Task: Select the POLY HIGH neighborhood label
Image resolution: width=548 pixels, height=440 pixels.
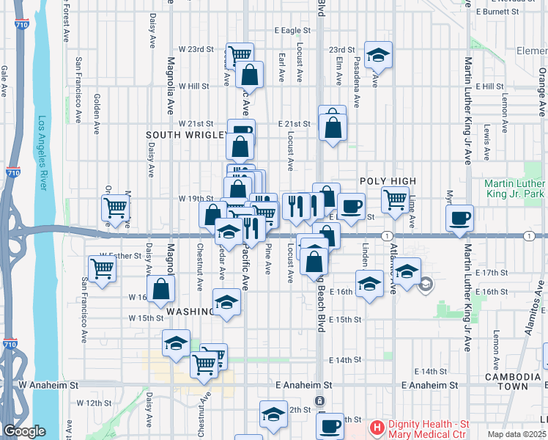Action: pos(388,181)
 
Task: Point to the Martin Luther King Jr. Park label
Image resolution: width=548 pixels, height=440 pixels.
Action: pos(514,188)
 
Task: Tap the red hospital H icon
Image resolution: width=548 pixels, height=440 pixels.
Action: pos(377,426)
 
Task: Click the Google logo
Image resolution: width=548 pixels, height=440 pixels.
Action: pos(24,432)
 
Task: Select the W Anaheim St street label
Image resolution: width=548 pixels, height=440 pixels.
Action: pos(49,384)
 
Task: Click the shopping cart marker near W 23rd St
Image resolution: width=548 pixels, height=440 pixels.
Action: pos(239,54)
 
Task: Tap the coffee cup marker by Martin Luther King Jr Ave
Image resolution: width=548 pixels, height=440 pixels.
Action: pos(459,217)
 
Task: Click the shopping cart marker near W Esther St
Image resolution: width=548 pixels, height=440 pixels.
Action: pos(102,268)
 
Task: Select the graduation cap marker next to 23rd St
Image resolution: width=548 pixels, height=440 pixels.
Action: pos(378,54)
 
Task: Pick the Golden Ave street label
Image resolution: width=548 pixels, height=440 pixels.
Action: pos(97,114)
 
